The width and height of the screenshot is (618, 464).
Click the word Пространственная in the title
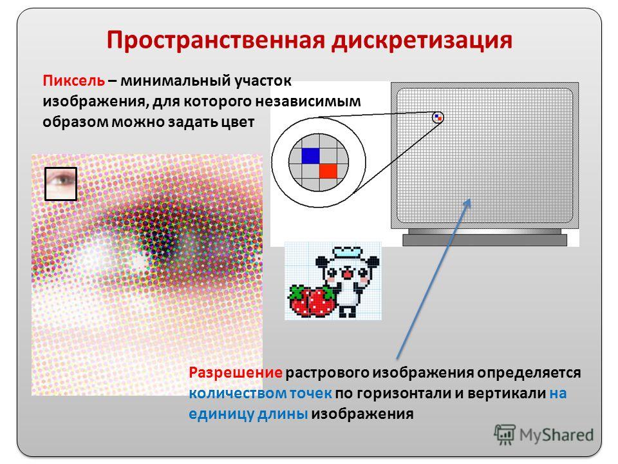[216, 40]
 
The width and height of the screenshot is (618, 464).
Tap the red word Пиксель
[73, 81]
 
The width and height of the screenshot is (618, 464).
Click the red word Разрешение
[236, 373]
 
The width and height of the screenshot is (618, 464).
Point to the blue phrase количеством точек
[260, 393]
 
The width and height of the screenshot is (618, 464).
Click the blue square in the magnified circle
[310, 155]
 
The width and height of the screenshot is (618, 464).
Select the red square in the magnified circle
[328, 171]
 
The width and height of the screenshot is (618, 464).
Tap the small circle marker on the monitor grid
[438, 117]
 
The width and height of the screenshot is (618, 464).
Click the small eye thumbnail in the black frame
[61, 184]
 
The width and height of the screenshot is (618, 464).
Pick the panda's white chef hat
[347, 253]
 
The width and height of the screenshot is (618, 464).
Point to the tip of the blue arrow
[470, 198]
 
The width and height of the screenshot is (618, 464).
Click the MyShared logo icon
[505, 434]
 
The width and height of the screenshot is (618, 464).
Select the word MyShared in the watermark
[556, 435]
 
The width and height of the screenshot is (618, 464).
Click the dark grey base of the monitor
[485, 240]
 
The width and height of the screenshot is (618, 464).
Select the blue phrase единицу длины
[248, 414]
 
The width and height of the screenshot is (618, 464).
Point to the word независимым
[308, 101]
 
